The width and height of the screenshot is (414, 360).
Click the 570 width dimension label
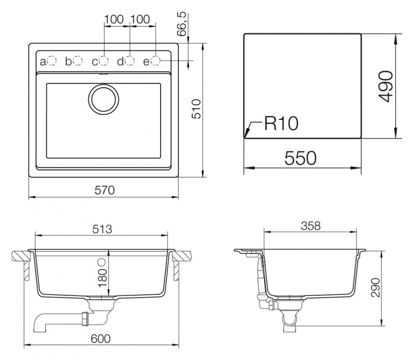click(x=104, y=190)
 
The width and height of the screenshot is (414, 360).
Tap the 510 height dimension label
click(x=196, y=109)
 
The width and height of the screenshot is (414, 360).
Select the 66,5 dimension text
click(x=182, y=24)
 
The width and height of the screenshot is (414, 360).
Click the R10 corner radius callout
click(x=281, y=123)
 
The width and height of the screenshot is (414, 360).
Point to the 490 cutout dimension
click(x=386, y=86)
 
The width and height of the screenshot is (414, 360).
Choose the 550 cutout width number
click(x=300, y=158)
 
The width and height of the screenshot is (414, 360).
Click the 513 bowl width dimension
click(x=102, y=229)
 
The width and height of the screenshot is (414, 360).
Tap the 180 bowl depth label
click(x=103, y=278)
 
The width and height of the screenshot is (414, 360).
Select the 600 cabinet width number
click(x=100, y=338)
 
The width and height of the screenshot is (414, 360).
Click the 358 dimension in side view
click(x=310, y=226)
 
